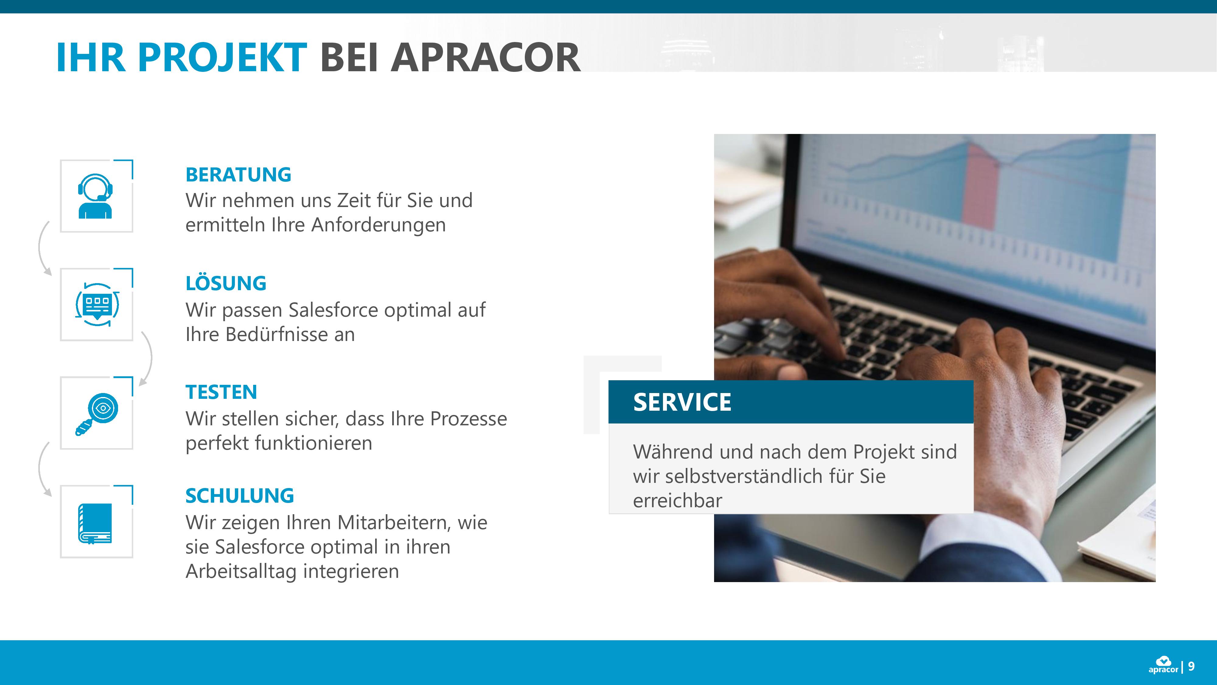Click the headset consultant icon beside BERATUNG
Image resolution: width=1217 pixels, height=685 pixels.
point(96,196)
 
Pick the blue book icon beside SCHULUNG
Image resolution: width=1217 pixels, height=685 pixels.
point(95,523)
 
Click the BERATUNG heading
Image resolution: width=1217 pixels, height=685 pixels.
point(238,174)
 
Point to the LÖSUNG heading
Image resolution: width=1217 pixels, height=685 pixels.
point(226,283)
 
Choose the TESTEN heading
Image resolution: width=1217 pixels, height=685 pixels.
point(221,392)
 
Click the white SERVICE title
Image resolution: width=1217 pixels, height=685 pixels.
point(682,402)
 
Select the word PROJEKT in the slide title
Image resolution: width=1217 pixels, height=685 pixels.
point(222,57)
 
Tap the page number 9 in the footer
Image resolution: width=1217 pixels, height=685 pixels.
point(1191,666)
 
